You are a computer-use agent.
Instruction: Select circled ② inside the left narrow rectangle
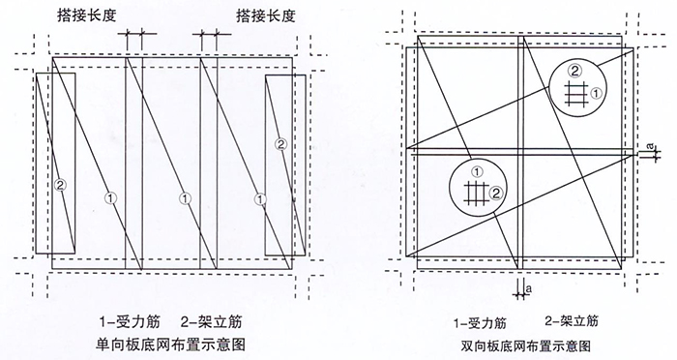(x=60, y=184)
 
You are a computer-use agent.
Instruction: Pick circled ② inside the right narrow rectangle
(x=280, y=145)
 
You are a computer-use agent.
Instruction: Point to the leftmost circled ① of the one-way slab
(x=111, y=198)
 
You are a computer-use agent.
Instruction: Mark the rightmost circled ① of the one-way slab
(x=259, y=198)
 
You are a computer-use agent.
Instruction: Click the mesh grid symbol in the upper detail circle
(x=577, y=93)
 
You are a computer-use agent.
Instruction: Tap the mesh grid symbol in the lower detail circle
(x=474, y=191)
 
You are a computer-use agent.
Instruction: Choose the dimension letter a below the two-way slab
(x=529, y=286)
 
